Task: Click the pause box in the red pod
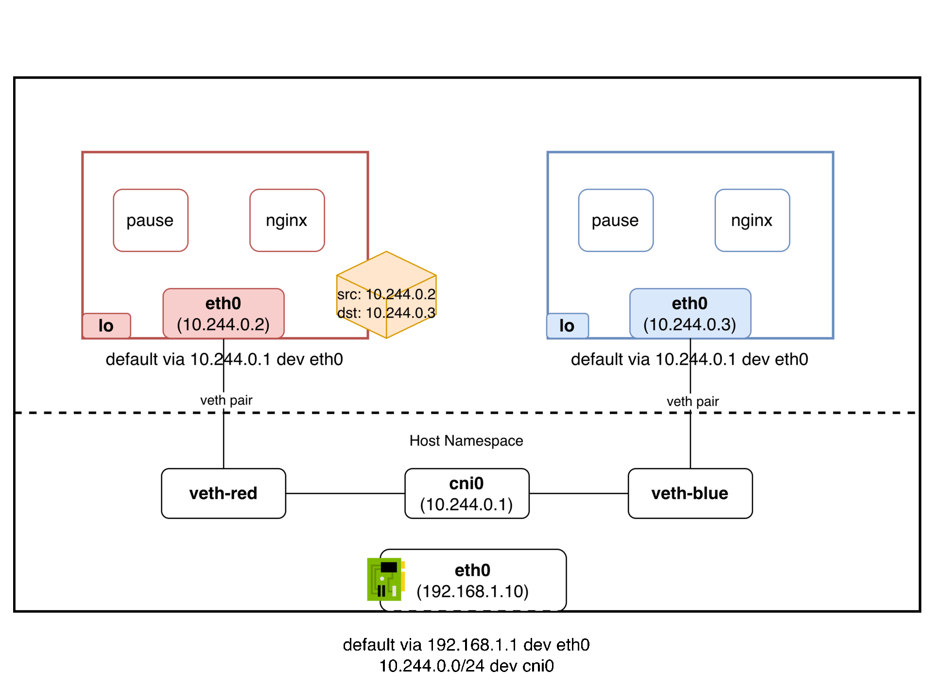pyautogui.click(x=150, y=220)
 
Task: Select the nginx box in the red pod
pyautogui.click(x=287, y=220)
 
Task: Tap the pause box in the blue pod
pyautogui.click(x=615, y=220)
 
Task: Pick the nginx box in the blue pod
pyautogui.click(x=752, y=220)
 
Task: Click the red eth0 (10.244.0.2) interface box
pyautogui.click(x=223, y=313)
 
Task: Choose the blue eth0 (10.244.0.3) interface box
pyautogui.click(x=690, y=313)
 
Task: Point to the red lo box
pyautogui.click(x=106, y=325)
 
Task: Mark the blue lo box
pyautogui.click(x=567, y=325)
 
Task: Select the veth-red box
pyautogui.click(x=223, y=493)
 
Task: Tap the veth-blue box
pyautogui.click(x=690, y=493)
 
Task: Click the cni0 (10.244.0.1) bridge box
pyautogui.click(x=466, y=493)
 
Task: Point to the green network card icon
pyautogui.click(x=385, y=579)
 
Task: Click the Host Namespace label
pyautogui.click(x=466, y=441)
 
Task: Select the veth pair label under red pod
pyautogui.click(x=226, y=400)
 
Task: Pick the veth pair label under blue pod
pyautogui.click(x=692, y=402)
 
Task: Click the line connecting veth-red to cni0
pyautogui.click(x=345, y=493)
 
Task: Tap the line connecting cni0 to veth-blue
pyautogui.click(x=578, y=493)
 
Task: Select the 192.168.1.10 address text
pyautogui.click(x=472, y=591)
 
